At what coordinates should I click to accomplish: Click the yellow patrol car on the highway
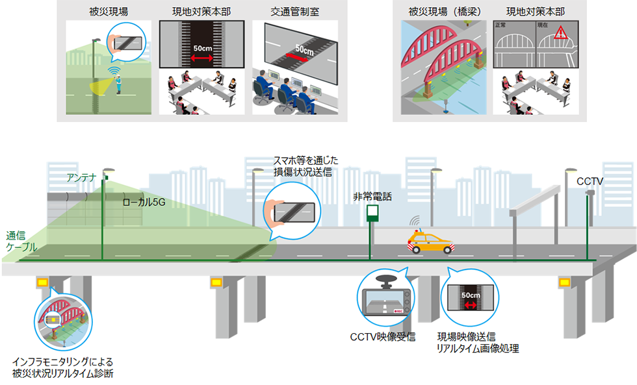pos(430,242)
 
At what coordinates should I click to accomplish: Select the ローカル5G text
pos(144,203)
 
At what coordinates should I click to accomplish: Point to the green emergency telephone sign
pos(372,213)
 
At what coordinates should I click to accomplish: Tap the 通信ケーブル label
pos(21,241)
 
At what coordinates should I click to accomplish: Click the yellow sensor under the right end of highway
pos(564,282)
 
